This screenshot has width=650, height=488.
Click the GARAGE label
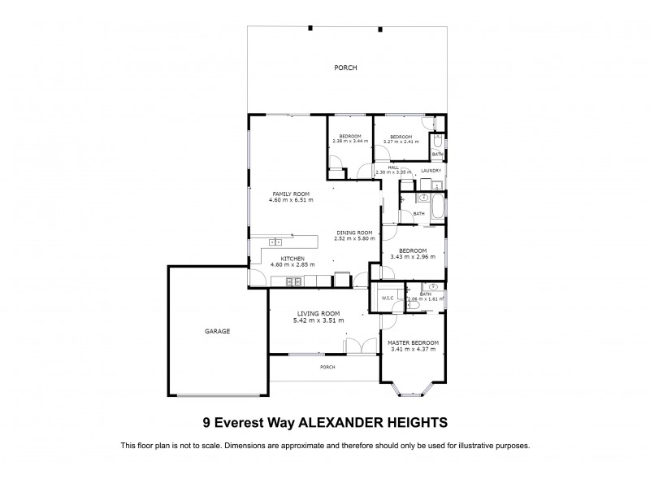click(x=217, y=331)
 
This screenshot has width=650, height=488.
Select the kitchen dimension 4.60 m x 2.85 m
click(x=292, y=264)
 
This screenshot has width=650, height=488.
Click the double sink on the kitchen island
click(x=275, y=241)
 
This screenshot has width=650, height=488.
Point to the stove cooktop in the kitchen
click(x=293, y=281)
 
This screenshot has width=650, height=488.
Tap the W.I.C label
click(x=388, y=298)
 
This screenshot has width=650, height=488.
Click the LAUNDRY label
click(x=431, y=171)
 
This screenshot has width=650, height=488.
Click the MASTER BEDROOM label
click(x=414, y=343)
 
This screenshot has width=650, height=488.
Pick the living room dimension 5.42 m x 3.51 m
click(x=318, y=320)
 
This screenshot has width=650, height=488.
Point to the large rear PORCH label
click(x=345, y=68)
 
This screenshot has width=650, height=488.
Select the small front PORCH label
click(x=327, y=367)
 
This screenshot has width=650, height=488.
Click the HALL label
click(x=393, y=167)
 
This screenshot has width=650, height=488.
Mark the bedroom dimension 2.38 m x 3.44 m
click(x=350, y=142)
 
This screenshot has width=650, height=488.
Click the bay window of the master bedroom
click(x=414, y=389)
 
